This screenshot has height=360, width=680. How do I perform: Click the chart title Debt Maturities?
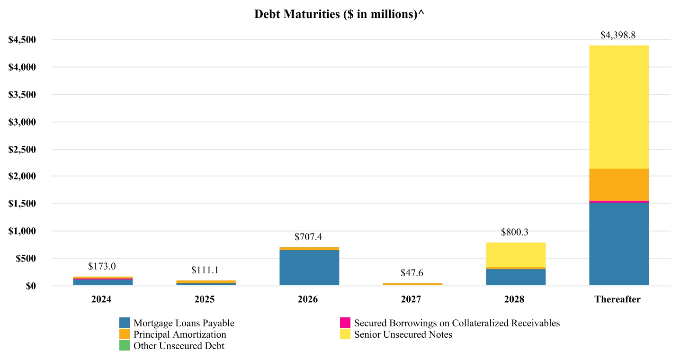click(339, 14)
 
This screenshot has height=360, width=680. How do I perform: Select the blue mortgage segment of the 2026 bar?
click(309, 268)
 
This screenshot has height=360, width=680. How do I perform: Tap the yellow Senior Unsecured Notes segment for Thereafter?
click(619, 107)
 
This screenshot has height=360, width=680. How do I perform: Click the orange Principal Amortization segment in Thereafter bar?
click(619, 184)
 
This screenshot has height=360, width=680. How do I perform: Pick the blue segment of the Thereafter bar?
click(619, 244)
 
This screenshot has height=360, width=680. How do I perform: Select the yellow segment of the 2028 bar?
click(516, 255)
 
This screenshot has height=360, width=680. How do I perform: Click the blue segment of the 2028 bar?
click(516, 277)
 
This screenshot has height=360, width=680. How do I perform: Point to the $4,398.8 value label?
click(618, 35)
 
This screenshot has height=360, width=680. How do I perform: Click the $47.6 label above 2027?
click(412, 273)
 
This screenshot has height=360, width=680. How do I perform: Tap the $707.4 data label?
click(308, 237)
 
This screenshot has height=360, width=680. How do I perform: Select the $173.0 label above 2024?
click(102, 266)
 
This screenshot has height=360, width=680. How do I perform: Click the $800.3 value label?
click(516, 232)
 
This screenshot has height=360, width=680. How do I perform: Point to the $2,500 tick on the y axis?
click(22, 150)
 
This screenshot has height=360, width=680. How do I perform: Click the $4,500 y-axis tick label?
click(22, 40)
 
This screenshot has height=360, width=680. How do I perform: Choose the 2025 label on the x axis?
click(205, 299)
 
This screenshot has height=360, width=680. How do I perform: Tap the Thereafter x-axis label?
click(617, 299)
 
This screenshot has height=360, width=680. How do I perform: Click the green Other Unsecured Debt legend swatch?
click(125, 346)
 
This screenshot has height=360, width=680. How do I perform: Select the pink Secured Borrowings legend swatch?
click(345, 323)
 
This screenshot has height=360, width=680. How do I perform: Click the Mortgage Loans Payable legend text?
click(184, 323)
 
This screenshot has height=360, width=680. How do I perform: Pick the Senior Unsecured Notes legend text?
click(403, 334)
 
